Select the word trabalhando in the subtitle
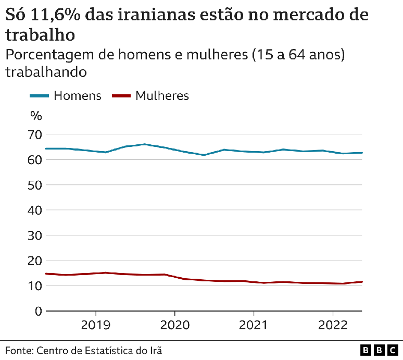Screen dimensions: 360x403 (45, 72)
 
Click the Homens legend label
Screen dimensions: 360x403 (78, 96)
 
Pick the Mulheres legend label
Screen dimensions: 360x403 (162, 96)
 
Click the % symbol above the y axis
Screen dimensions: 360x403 (35, 116)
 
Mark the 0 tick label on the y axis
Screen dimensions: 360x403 (37, 311)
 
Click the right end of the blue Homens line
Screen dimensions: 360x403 (361, 153)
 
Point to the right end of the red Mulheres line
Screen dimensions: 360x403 (361, 282)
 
